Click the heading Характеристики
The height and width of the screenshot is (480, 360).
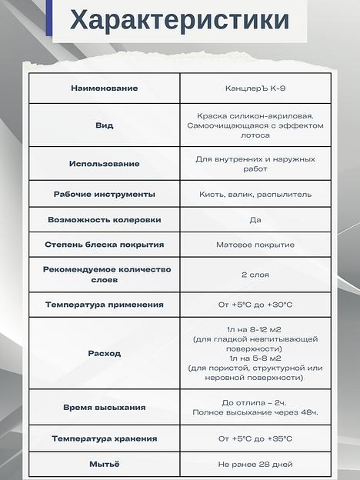point(179,20)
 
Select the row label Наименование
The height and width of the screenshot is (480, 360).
point(105,88)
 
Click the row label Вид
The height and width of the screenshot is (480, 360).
point(105,125)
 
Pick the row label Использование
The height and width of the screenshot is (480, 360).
point(105,164)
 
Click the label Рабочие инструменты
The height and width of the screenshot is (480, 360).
point(105,194)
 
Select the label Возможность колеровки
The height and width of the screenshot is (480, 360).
point(105,219)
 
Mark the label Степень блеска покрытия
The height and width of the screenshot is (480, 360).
point(105,245)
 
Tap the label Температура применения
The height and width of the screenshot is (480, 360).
point(105,305)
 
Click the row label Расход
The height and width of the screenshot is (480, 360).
point(105,354)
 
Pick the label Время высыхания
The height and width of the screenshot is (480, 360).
point(105,408)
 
